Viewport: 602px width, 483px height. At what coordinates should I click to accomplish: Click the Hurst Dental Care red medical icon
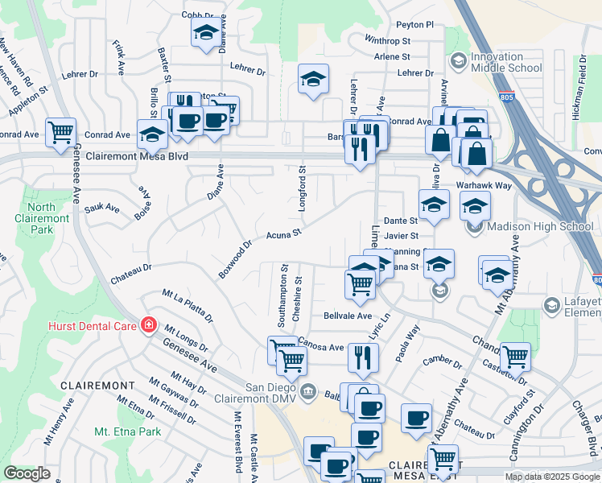pyautogui.click(x=148, y=324)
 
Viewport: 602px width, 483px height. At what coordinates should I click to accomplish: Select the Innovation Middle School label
pyautogui.click(x=506, y=62)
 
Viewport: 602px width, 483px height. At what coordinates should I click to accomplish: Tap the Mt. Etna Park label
pyautogui.click(x=127, y=431)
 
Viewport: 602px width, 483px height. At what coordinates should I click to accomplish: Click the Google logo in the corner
pyautogui.click(x=27, y=473)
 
